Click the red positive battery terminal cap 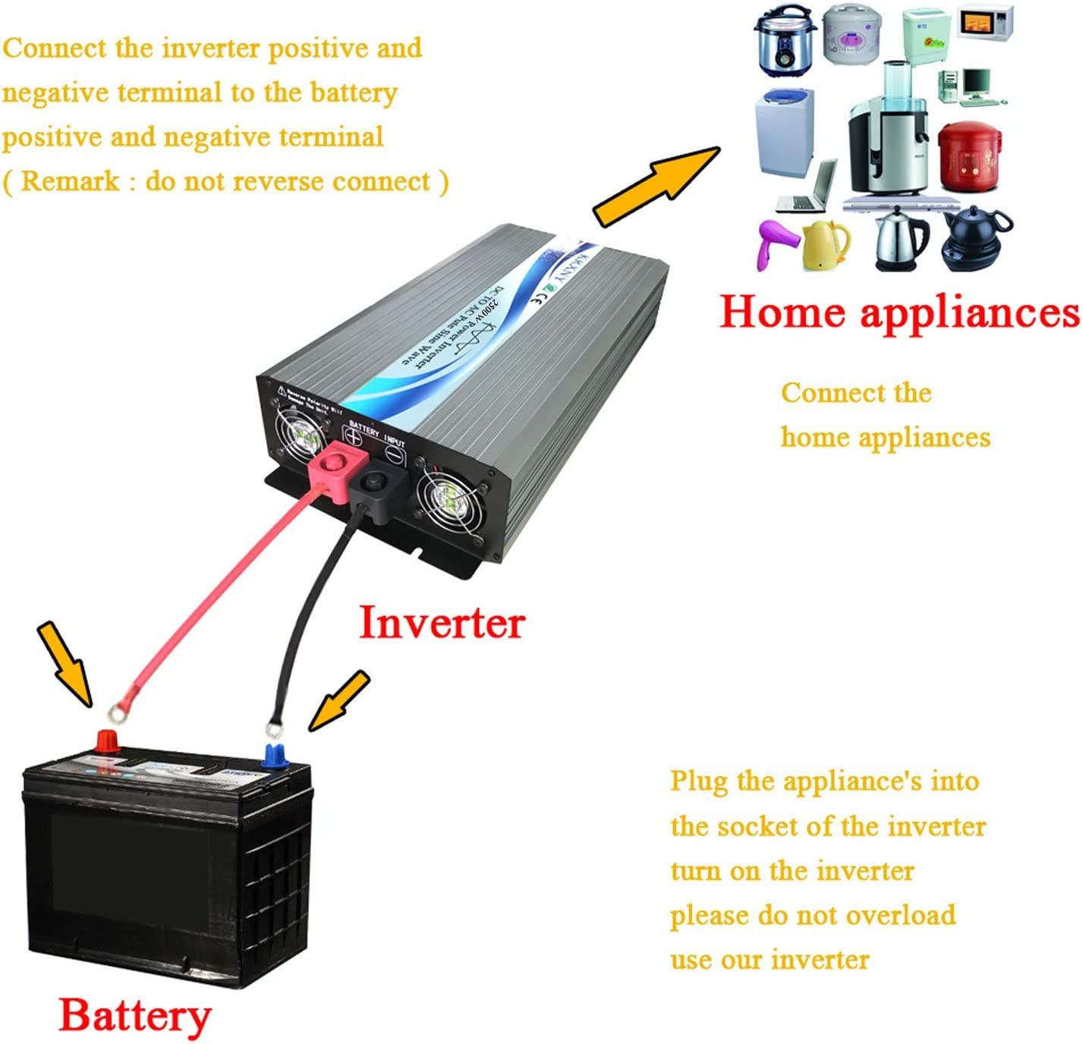coord(107,741)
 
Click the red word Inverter coord(441,623)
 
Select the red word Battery coord(134,1016)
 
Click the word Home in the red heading coord(782,311)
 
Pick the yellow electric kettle coord(826,244)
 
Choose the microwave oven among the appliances coord(985,23)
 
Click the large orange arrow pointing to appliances coord(656,186)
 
